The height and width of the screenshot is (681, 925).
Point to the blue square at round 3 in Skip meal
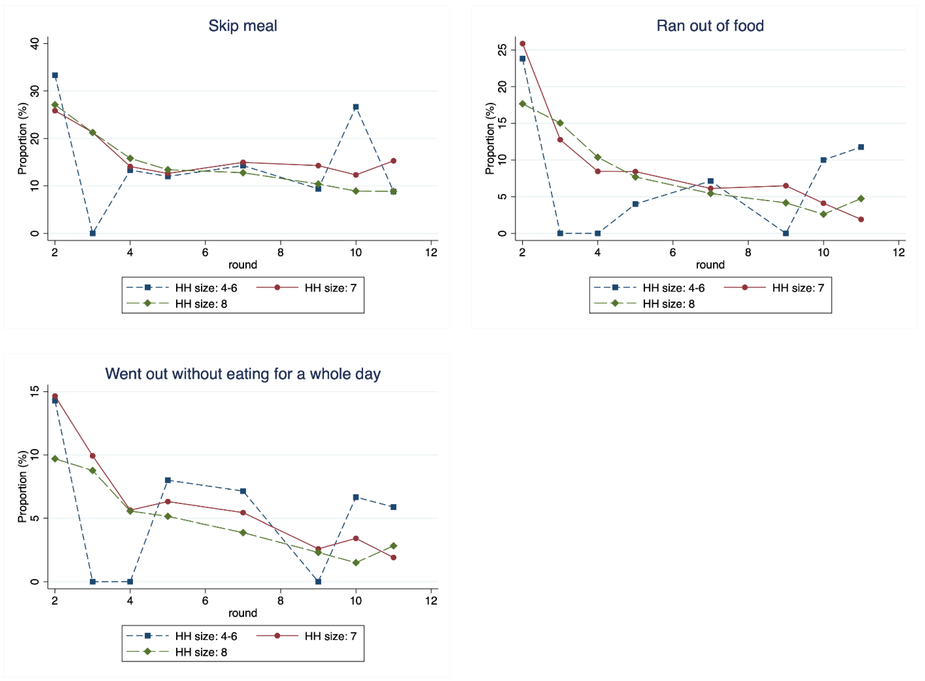click(x=93, y=233)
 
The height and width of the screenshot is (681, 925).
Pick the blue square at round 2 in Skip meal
click(x=55, y=75)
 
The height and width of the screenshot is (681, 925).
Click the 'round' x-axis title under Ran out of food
click(x=710, y=265)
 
